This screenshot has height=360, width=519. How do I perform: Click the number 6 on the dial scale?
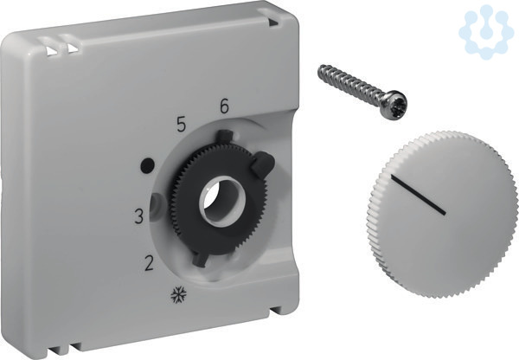click(224, 106)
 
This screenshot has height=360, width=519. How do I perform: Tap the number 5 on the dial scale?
click(181, 125)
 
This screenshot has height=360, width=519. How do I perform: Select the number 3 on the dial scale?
click(139, 216)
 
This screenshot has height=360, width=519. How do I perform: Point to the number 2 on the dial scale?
click(150, 264)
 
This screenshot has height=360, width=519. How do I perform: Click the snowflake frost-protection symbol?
click(179, 294)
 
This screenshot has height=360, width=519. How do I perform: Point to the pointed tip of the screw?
click(319, 68)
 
